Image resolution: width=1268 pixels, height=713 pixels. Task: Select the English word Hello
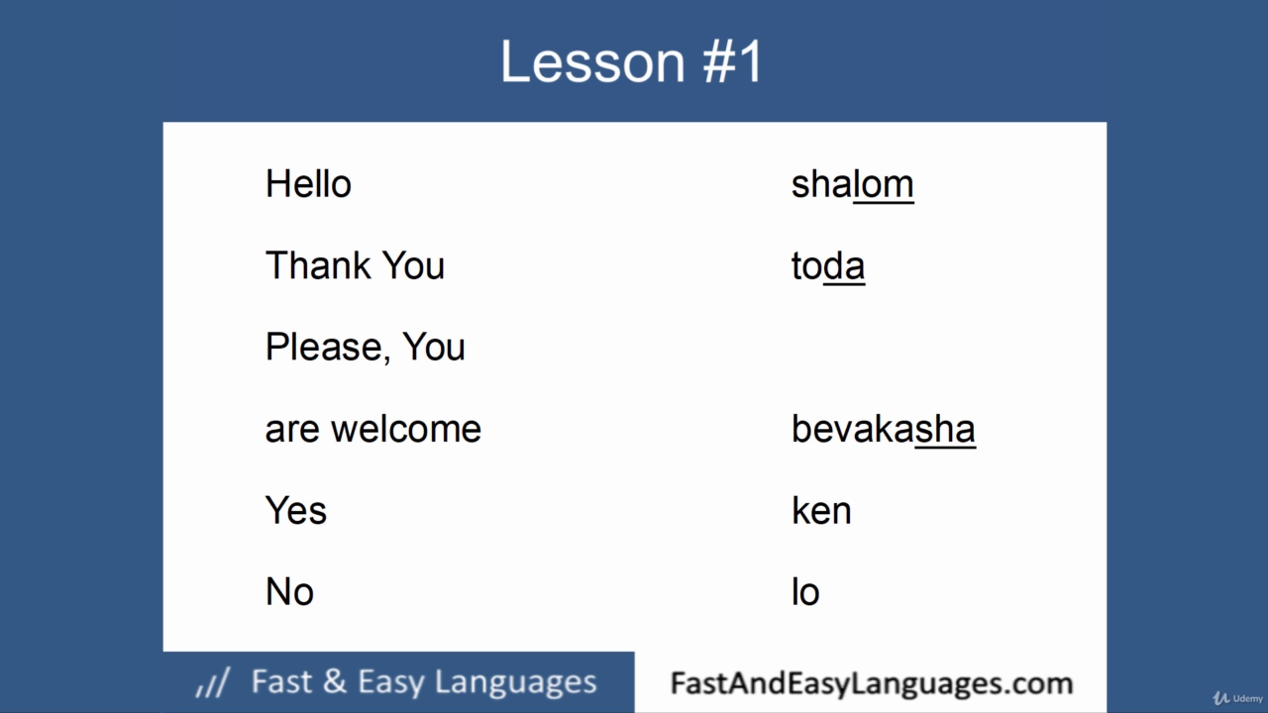[x=308, y=184]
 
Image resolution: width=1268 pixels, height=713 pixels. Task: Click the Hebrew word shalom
[x=853, y=184]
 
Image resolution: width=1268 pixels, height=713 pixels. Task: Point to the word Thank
[x=318, y=265]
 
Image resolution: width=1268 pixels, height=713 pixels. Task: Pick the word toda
[x=827, y=266]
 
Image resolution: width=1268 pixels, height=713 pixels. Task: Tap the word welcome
[x=406, y=429]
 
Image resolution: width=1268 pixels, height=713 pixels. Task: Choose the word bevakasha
[x=884, y=429]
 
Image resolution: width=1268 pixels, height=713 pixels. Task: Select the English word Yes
[x=296, y=510]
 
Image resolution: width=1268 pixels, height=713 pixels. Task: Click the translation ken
[x=821, y=510]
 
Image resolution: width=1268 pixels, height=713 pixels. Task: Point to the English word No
[x=290, y=592]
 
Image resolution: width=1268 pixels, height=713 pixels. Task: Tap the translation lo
[x=805, y=592]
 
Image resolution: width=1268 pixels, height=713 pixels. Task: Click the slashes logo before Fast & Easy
[x=213, y=682]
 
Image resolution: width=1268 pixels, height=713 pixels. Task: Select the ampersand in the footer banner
[x=336, y=681]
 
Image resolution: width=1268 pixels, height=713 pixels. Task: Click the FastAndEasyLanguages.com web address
[x=872, y=683]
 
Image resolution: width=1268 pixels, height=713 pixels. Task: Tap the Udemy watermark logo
[x=1237, y=698]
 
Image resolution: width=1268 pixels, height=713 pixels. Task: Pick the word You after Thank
[x=413, y=265]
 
